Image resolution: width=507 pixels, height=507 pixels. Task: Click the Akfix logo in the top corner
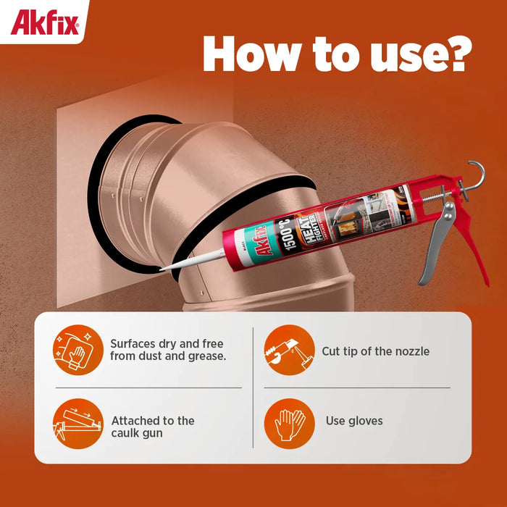(44, 22)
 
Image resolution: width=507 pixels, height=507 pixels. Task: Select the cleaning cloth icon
(77, 351)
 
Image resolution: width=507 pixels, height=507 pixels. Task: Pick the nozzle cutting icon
(288, 351)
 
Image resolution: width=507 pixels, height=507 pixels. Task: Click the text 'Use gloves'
(354, 421)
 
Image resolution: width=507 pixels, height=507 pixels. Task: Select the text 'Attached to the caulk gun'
(153, 427)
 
